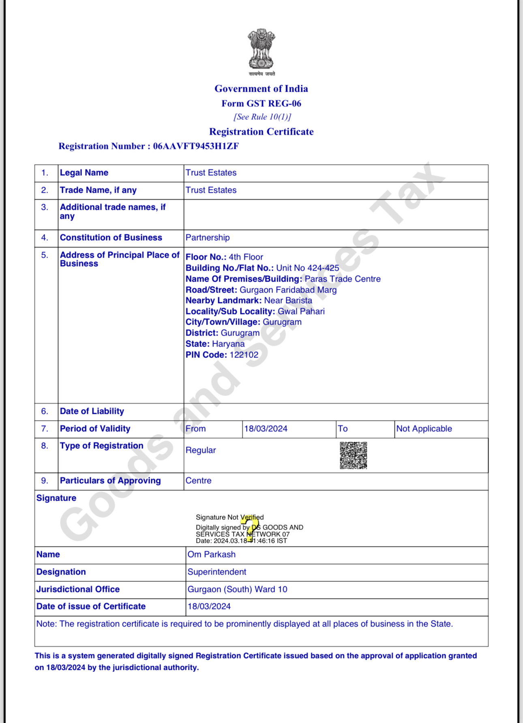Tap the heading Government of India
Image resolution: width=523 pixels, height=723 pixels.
261,88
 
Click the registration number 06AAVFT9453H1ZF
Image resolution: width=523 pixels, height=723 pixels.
196,146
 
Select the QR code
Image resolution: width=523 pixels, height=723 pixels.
353,455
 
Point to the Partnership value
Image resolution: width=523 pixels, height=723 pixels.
208,237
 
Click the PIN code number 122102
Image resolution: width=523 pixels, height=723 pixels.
244,355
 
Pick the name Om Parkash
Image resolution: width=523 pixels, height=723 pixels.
211,554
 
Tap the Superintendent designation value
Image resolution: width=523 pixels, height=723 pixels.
216,572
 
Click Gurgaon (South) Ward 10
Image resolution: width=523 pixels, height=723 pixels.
237,589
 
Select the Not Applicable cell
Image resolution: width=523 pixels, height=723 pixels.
424,428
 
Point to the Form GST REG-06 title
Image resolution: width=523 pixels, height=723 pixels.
261,103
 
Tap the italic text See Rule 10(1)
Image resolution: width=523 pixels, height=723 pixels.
262,117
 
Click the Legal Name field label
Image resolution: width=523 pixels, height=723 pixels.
84,172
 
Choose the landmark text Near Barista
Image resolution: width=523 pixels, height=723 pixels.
288,300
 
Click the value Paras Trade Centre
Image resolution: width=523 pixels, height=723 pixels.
342,279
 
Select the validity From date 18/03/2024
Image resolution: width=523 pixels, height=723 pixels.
266,428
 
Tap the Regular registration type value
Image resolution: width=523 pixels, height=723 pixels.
201,450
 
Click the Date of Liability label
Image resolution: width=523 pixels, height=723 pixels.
92,411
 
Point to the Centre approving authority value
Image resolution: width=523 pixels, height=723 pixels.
198,480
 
